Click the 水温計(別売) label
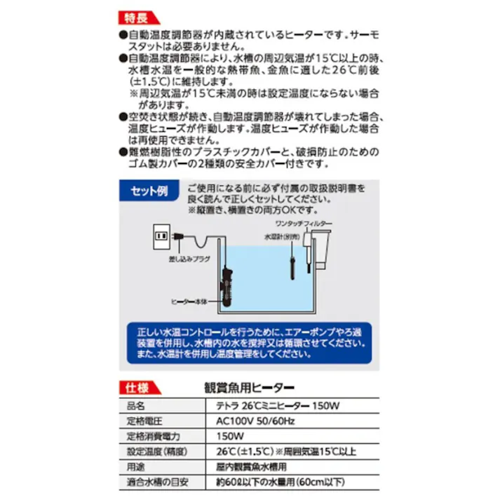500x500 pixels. point(280,237)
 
